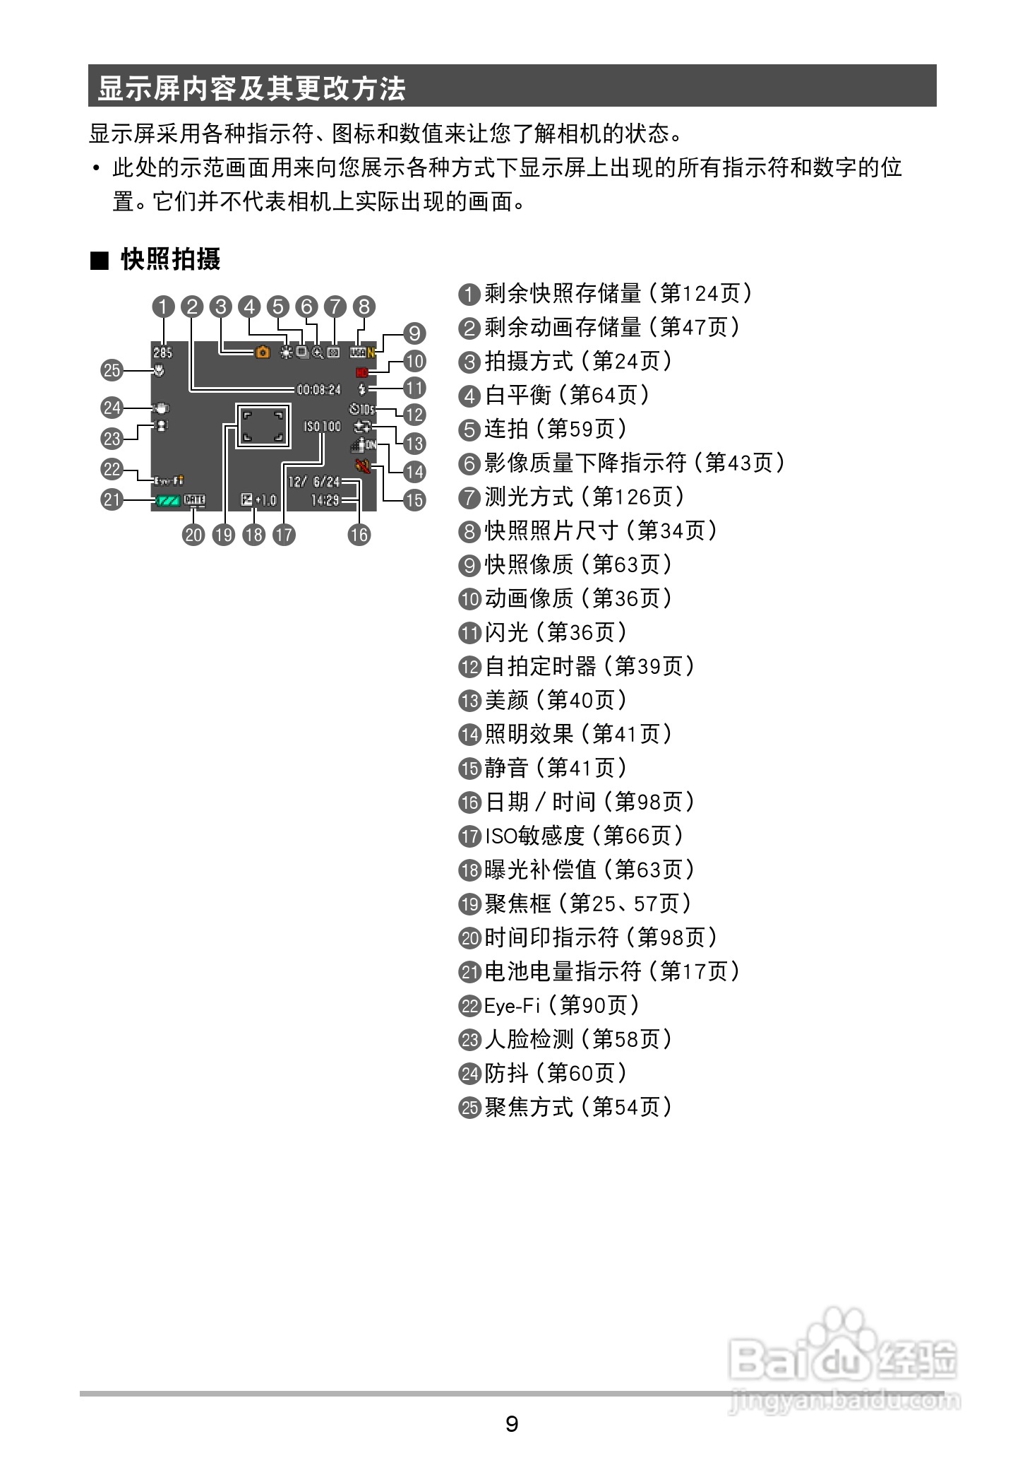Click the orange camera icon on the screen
pyautogui.click(x=263, y=352)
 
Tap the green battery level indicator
pyautogui.click(x=167, y=501)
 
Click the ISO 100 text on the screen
pyautogui.click(x=322, y=426)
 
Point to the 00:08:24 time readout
pyautogui.click(x=318, y=389)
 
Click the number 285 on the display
pyautogui.click(x=162, y=352)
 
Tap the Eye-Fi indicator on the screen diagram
pyautogui.click(x=169, y=481)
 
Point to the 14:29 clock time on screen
pyautogui.click(x=325, y=500)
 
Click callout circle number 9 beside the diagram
pyautogui.click(x=414, y=333)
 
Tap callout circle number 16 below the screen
pyautogui.click(x=359, y=535)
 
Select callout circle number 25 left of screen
pyautogui.click(x=112, y=370)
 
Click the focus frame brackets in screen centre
pyautogui.click(x=263, y=425)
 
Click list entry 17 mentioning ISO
pyautogui.click(x=572, y=836)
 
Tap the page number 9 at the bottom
pyautogui.click(x=512, y=1423)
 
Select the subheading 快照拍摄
pyautogui.click(x=170, y=259)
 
